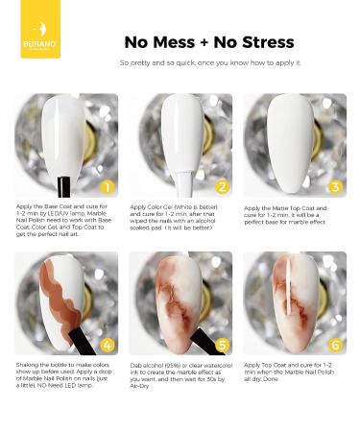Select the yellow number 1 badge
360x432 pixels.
(108, 186)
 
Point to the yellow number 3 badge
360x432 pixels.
(336, 186)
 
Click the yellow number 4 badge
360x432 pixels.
(108, 345)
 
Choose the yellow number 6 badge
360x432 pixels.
(336, 345)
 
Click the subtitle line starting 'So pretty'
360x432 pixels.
(210, 62)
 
